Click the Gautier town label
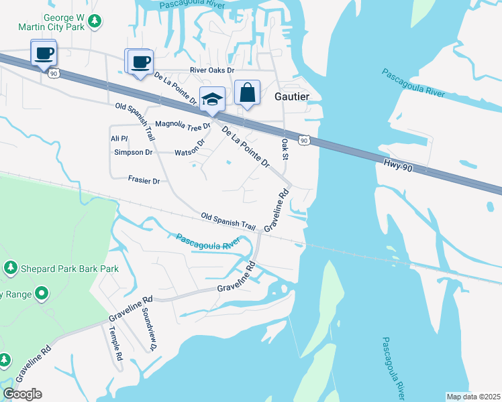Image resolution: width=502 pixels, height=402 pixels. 293,96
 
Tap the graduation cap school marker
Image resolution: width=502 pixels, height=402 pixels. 213,100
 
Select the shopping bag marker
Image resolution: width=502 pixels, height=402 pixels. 247,92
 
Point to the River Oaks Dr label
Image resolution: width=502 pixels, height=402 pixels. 212,70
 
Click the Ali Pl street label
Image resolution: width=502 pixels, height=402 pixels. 119,138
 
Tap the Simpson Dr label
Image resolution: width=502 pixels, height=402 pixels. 134,152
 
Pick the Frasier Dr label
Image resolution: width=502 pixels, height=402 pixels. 144,180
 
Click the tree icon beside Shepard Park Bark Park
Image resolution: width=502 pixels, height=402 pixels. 11,269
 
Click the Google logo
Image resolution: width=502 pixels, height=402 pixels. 22,394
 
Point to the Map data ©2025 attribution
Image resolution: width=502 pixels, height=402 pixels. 473,397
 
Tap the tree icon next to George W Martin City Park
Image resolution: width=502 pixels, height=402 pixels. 96,21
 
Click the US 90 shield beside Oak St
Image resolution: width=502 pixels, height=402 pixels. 305,141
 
